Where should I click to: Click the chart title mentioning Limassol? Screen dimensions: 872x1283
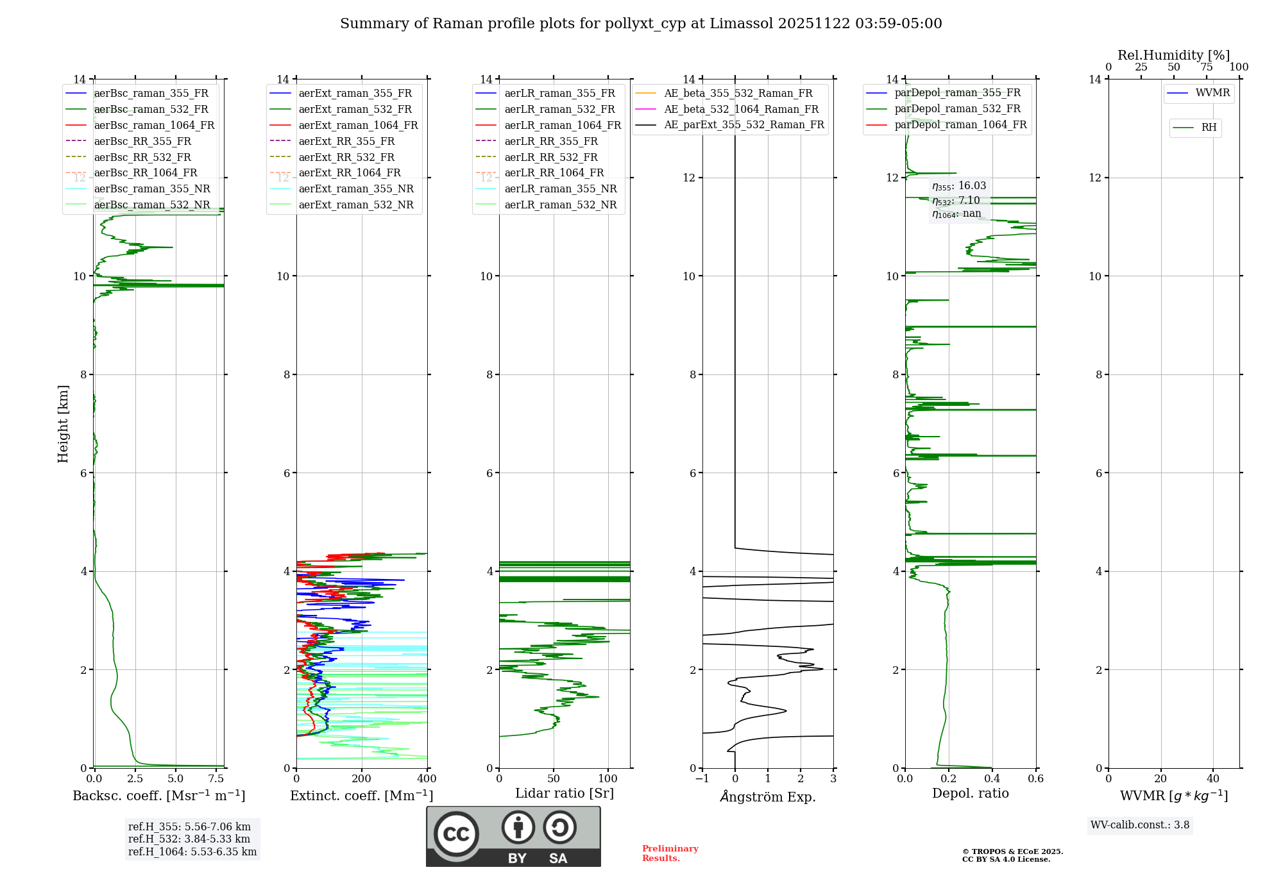coord(641,24)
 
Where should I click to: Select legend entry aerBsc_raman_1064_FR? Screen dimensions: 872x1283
coord(154,126)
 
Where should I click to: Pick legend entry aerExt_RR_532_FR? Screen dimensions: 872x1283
coord(346,157)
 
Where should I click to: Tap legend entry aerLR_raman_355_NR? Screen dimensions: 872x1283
coord(560,189)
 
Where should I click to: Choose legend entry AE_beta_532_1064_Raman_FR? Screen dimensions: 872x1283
coord(741,110)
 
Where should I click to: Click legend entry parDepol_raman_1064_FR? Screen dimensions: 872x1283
coord(960,125)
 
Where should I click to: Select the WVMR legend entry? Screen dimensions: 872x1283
coord(1212,93)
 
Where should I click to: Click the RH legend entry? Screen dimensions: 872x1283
coord(1209,128)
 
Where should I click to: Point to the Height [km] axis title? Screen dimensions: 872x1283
coord(63,423)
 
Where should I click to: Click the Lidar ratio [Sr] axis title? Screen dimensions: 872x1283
coord(565,794)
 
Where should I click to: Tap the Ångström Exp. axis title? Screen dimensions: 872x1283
coord(768,797)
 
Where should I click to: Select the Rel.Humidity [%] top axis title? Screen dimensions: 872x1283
coord(1173,55)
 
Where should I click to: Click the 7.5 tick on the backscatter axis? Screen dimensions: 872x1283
coord(216,779)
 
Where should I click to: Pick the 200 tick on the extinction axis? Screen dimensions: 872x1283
coord(362,779)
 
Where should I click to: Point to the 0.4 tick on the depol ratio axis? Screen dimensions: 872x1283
coord(992,779)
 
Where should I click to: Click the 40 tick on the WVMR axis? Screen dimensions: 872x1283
coord(1212,779)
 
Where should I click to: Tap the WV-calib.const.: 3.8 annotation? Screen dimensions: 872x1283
coord(1140,825)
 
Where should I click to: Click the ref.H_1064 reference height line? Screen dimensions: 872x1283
coord(192,852)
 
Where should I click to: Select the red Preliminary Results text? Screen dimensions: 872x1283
coord(670,853)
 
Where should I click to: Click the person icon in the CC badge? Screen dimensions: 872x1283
coord(518,828)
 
